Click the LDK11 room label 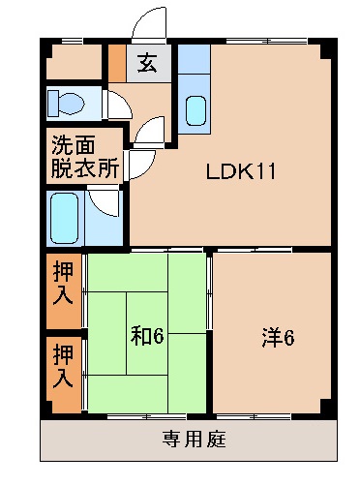(241, 173)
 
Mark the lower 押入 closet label (63, 363)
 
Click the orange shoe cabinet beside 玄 (116, 64)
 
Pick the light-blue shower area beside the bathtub (103, 217)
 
